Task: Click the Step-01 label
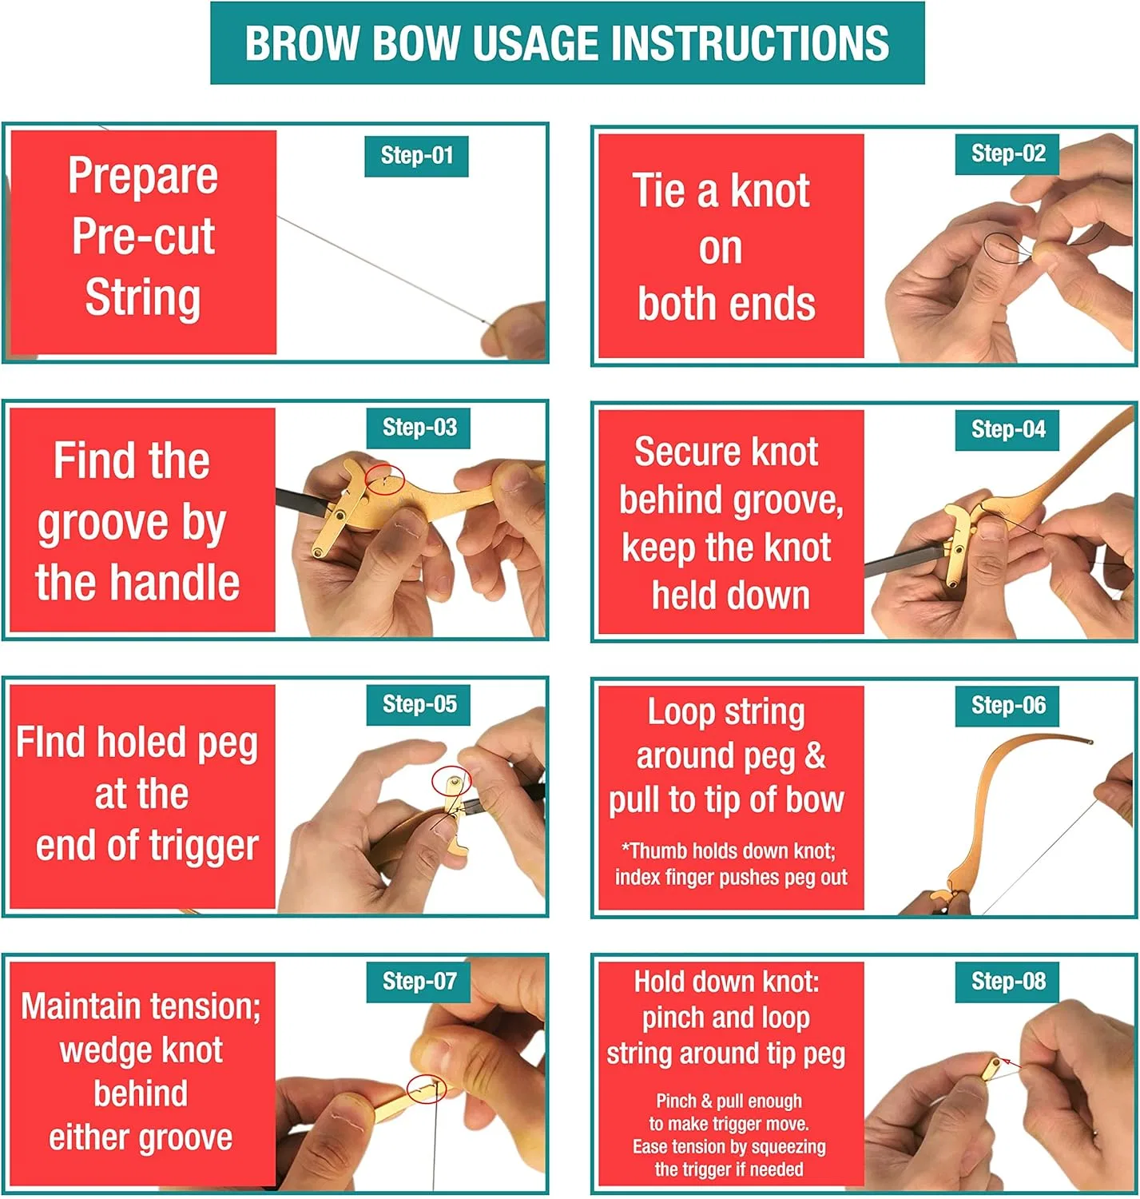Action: (416, 156)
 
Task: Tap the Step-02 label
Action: (1007, 153)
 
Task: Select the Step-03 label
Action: (419, 428)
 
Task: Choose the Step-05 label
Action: (419, 704)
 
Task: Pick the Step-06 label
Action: (1007, 706)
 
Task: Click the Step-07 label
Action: (419, 982)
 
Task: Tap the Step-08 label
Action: (1007, 982)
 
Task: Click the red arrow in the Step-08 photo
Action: (1012, 1064)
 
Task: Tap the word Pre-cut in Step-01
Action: (143, 236)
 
